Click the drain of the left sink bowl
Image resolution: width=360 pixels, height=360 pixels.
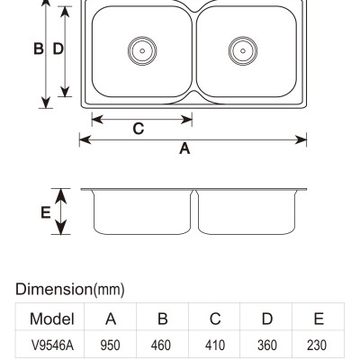[142, 50]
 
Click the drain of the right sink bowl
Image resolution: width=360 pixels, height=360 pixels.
[243, 50]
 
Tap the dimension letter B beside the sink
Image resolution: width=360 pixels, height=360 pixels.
[39, 49]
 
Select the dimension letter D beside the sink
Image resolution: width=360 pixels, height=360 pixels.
[58, 49]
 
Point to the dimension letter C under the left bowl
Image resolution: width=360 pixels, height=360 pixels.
[139, 129]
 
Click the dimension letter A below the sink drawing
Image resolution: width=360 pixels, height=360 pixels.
[184, 148]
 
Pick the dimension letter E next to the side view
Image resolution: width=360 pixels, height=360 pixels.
[46, 212]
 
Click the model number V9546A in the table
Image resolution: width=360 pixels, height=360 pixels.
[52, 346]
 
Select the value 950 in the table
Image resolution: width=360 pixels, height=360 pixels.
[110, 346]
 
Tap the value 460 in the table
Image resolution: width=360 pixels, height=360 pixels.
[161, 346]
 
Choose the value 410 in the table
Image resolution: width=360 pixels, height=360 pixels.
[215, 346]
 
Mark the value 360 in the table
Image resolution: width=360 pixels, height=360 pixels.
[267, 346]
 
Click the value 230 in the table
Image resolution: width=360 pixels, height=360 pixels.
[317, 346]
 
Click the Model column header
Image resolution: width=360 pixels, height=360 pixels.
[52, 319]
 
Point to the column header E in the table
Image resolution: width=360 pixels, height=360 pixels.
[319, 319]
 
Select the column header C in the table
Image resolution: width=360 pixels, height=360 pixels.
[215, 319]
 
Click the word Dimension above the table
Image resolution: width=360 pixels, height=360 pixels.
[54, 289]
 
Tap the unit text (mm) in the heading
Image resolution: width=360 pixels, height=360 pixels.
[108, 290]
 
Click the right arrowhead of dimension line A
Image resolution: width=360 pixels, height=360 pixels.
[301, 139]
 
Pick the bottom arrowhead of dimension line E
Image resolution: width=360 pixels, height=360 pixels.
[61, 227]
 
